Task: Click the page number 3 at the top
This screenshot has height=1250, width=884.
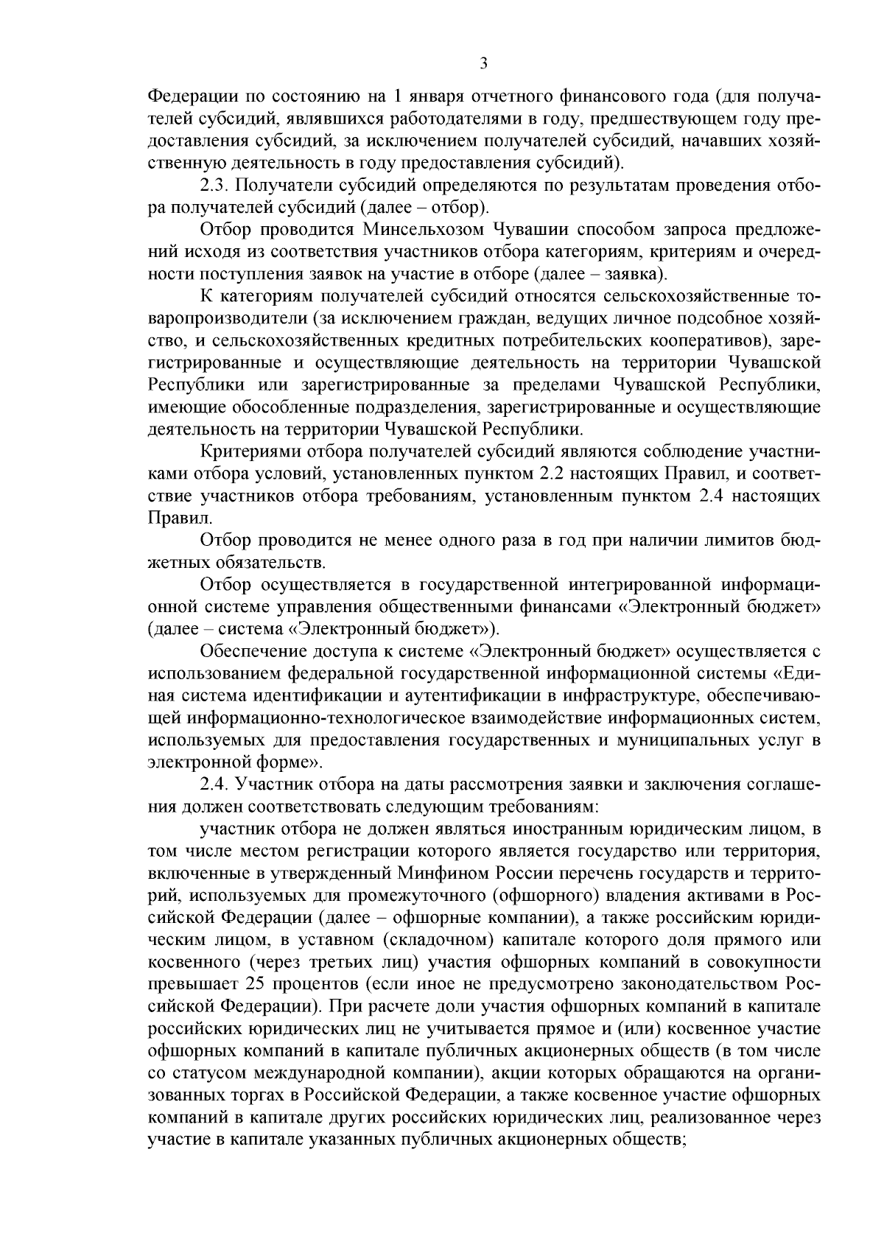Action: pos(483,64)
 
